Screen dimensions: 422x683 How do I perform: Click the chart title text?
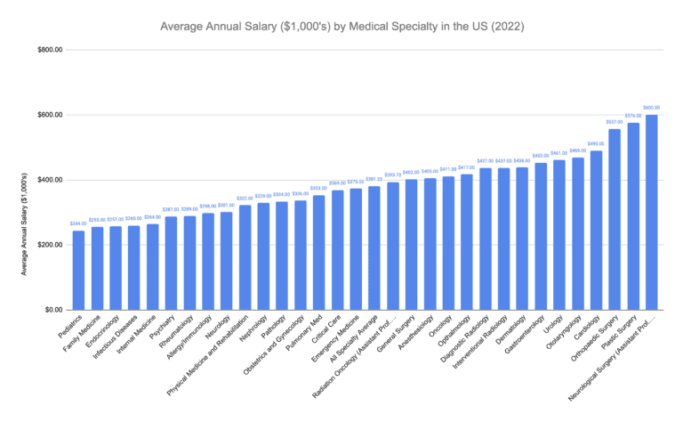341,27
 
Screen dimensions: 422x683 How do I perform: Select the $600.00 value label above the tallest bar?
651,107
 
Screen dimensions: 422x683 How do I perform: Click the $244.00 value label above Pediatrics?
78,223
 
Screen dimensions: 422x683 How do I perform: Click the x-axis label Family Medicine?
83,336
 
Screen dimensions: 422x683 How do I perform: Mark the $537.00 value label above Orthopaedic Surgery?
615,122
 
